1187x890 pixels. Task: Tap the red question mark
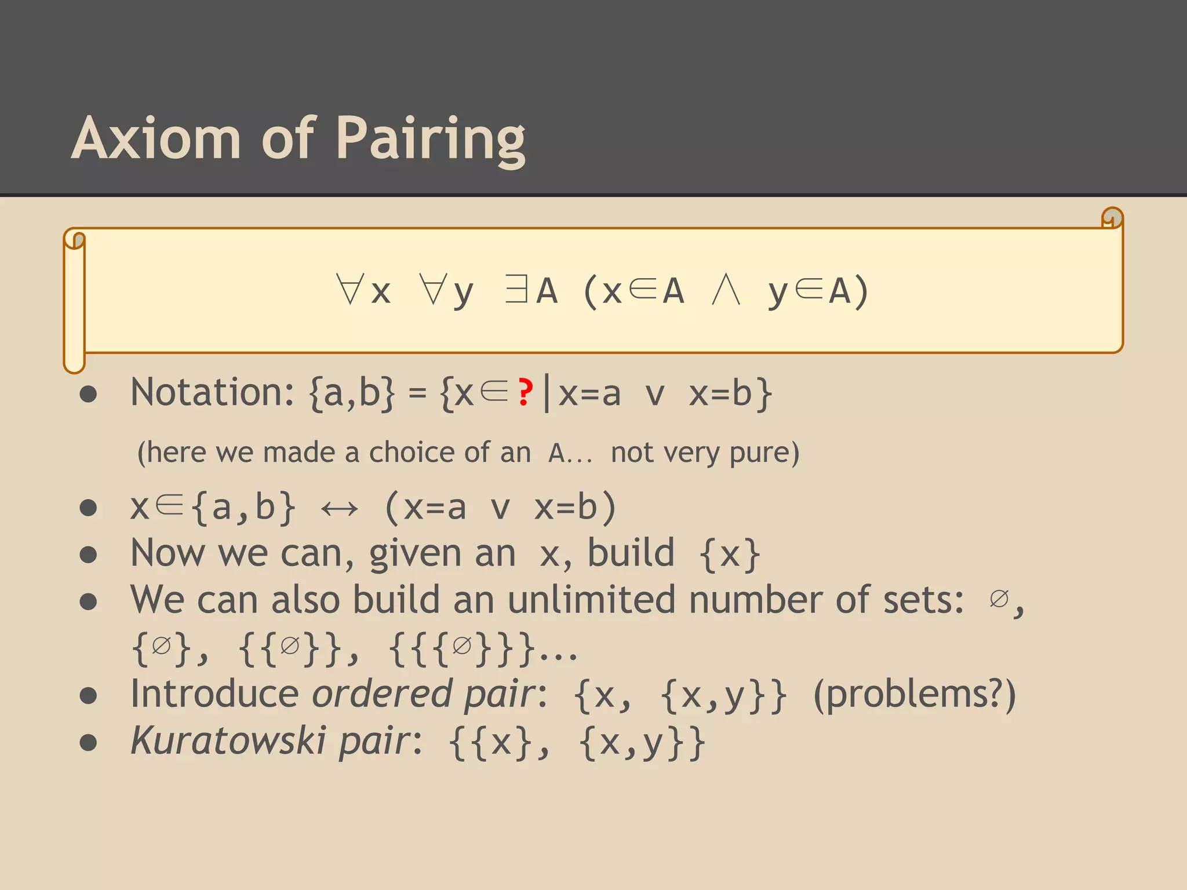coord(525,392)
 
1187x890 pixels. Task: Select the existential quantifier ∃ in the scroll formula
coord(516,289)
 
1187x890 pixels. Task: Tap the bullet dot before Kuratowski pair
coord(88,742)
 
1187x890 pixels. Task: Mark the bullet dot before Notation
coord(88,395)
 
